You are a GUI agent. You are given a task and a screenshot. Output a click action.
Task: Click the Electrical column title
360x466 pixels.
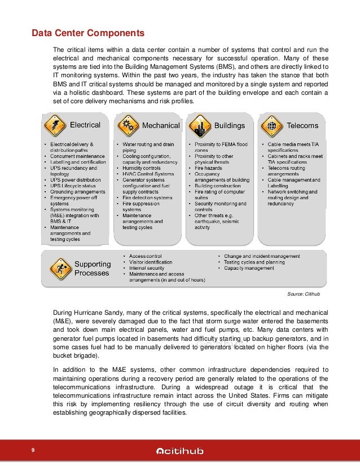click(85, 125)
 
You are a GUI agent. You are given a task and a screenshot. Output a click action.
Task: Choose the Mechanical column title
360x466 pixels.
click(160, 125)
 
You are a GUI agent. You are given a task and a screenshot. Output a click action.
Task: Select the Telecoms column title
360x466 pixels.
click(302, 125)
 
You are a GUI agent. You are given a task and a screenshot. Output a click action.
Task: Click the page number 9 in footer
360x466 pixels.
click(34, 450)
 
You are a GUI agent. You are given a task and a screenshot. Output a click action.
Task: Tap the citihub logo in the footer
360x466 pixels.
click(180, 450)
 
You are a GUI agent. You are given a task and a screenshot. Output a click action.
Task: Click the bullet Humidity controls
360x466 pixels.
click(141, 168)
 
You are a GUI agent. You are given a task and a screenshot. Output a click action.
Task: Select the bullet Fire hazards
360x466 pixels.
click(208, 168)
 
